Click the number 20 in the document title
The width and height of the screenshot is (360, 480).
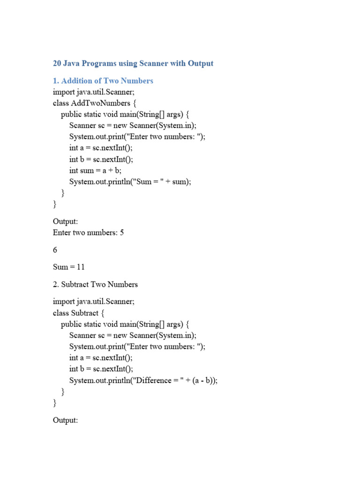tap(57, 63)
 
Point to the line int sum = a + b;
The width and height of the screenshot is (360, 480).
tap(95, 171)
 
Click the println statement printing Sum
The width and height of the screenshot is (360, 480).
tap(130, 182)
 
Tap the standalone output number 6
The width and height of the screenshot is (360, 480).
tap(55, 250)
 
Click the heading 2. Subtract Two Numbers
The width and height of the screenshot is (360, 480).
tap(96, 285)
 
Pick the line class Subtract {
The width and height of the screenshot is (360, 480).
tap(79, 313)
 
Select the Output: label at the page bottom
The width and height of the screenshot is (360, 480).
tap(65, 420)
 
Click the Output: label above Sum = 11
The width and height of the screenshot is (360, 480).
tap(65, 221)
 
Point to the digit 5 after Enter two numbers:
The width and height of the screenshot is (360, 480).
tap(122, 232)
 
